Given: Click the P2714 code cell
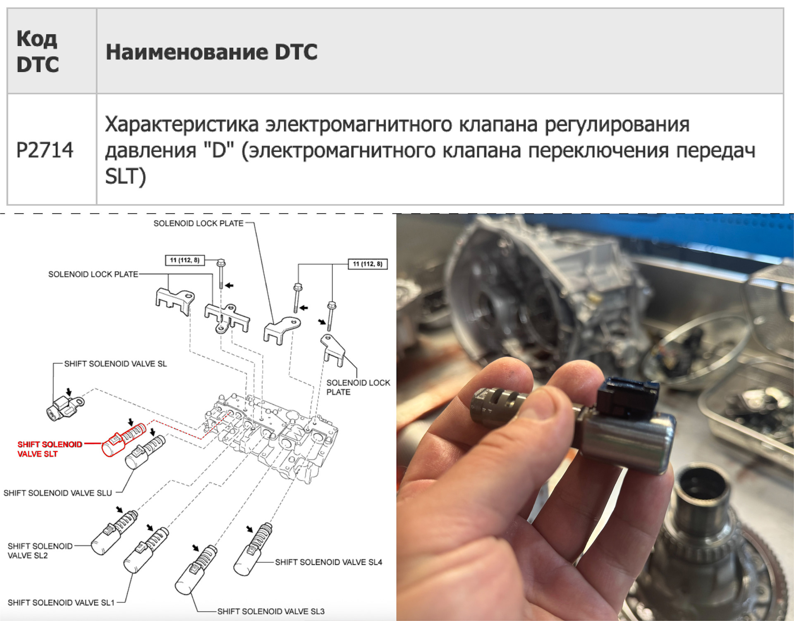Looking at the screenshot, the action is (x=45, y=150).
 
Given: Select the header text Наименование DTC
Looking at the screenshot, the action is (x=211, y=52).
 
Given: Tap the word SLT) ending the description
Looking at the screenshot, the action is (x=125, y=177).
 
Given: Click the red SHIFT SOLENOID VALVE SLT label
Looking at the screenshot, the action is (x=50, y=449).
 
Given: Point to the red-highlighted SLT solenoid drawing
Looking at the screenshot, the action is (x=124, y=440).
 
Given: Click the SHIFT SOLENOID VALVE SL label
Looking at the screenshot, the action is (x=115, y=364).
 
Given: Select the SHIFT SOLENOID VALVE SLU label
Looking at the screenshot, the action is (x=57, y=493).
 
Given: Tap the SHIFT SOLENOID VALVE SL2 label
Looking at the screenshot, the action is (x=40, y=551).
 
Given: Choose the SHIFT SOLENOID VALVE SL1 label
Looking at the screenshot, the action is (x=61, y=602).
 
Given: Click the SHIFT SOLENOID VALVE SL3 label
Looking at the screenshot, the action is (x=271, y=611).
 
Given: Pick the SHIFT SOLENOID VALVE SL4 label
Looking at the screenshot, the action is (x=328, y=562).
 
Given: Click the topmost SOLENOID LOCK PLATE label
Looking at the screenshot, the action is (x=198, y=223).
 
